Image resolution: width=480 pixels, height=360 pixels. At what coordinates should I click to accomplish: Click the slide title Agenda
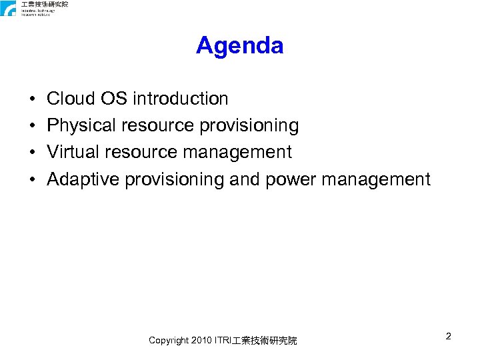coord(240,46)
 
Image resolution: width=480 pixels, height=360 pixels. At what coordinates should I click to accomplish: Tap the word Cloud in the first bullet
coord(71,99)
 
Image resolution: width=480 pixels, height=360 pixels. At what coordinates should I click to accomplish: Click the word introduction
coord(181,99)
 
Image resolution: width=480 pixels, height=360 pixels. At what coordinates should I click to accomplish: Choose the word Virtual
coord(70,153)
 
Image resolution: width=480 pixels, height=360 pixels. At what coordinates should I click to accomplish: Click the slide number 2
coord(449,337)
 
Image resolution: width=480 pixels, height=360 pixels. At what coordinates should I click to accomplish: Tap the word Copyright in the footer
coord(169,341)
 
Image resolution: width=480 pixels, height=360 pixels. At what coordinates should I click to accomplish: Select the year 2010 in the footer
coord(202,341)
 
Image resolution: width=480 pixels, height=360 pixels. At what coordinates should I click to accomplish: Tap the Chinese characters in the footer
coord(265,341)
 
